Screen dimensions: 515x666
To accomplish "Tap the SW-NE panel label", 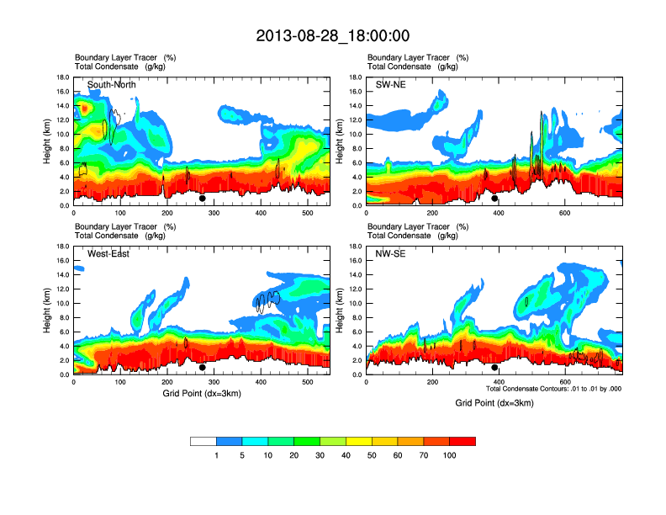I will coord(392,85).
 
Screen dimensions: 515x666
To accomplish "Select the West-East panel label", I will coord(108,254).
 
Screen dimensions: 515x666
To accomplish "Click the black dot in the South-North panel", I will coord(202,199).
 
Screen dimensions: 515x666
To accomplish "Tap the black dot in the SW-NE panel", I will coord(494,199).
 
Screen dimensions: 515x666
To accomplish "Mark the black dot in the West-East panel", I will coord(202,368).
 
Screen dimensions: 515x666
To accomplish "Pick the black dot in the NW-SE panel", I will coord(494,368).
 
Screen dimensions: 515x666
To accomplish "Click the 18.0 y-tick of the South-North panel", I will coord(62,77).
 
